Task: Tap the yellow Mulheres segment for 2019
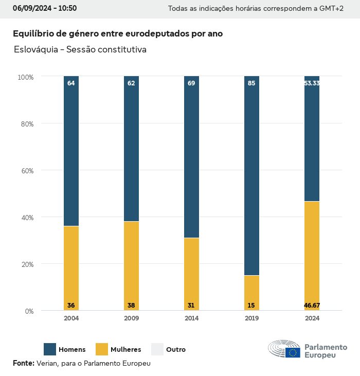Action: point(251,293)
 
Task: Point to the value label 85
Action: point(251,83)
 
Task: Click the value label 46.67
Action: point(312,306)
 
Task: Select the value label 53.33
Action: point(312,83)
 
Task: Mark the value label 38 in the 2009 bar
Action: point(131,306)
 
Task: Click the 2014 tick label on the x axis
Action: point(191,318)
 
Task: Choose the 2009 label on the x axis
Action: point(131,318)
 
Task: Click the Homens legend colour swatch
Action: point(50,349)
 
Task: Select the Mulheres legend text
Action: point(125,350)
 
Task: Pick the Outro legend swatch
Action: point(157,349)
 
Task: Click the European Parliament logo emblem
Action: point(284,349)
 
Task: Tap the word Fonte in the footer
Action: point(23,363)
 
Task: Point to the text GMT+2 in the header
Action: point(332,9)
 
